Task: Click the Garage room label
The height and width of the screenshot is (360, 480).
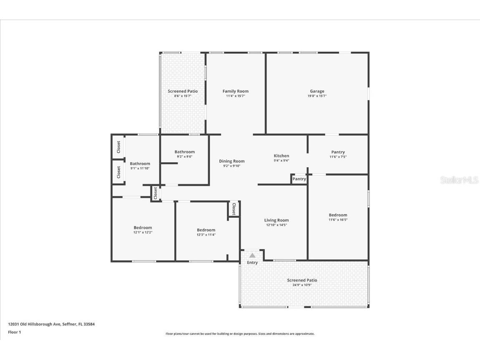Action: coord(317,91)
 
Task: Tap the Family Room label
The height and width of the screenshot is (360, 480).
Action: coord(235,91)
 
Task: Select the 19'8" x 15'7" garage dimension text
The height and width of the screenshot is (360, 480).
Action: coord(317,96)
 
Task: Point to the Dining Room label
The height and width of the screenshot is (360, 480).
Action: coord(232,161)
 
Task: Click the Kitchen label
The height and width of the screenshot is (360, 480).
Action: coord(281,156)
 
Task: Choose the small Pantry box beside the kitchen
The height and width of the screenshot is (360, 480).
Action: coord(299,179)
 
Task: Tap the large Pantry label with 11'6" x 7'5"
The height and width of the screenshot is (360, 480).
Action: coord(338,152)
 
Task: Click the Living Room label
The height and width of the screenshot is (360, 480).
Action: coord(276,220)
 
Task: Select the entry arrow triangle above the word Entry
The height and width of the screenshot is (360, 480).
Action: coord(252,255)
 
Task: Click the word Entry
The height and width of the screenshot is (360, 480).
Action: coord(252,262)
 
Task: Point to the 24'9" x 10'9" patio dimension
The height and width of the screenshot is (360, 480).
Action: coord(302,285)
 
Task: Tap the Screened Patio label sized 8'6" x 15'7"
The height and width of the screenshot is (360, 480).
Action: coord(183,91)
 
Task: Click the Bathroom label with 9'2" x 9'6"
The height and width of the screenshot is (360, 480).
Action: coord(184,152)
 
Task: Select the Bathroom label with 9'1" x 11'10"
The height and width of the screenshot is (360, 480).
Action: coord(140,164)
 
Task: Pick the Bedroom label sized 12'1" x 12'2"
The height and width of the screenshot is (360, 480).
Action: coord(143,228)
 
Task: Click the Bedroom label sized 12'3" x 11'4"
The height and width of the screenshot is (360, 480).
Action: coord(206,230)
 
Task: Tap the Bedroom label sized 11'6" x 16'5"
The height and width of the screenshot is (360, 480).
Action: coord(338,215)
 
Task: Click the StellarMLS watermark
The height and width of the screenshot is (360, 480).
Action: coord(459,180)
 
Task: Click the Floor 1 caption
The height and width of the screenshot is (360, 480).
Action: coord(14,332)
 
